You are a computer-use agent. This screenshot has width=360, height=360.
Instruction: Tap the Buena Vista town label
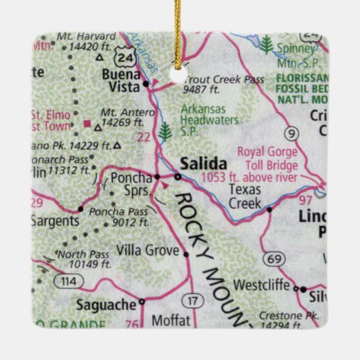120,80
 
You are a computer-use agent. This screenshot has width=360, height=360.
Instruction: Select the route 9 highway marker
292,133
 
